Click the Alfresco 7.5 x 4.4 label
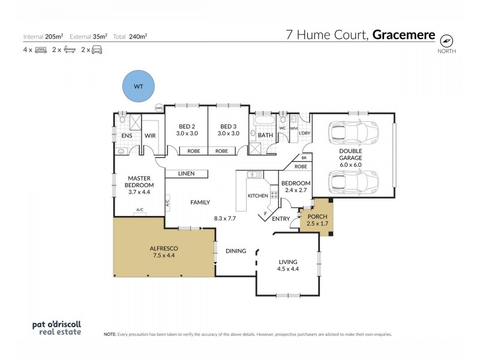click(163, 251)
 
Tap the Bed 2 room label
click(187, 130)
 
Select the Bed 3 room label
click(229, 130)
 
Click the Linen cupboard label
click(187, 174)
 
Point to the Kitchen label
click(257, 196)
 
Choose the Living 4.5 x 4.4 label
click(288, 265)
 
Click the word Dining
click(236, 251)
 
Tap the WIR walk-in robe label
click(150, 136)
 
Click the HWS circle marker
click(159, 108)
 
